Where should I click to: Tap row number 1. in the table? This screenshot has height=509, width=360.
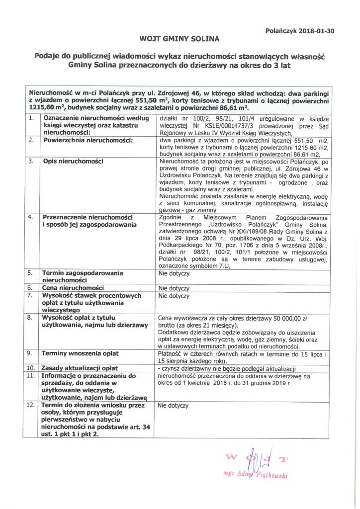pos(31,118)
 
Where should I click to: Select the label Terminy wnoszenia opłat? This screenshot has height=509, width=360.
pos(80,353)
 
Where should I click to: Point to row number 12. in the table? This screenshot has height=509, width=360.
pos(32,406)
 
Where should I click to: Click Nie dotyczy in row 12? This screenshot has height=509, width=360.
pos(173,406)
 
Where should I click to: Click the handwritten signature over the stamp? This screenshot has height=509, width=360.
pos(253,464)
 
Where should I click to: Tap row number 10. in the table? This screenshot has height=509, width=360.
pos(32,368)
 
